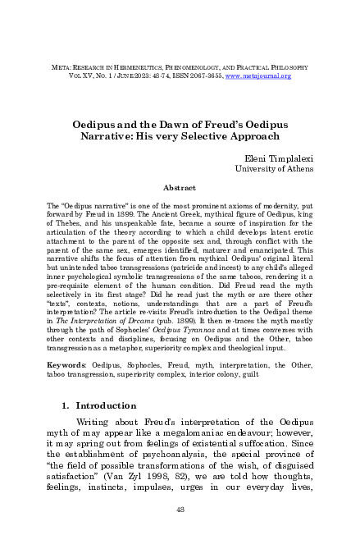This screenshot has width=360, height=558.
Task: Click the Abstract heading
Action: (179, 188)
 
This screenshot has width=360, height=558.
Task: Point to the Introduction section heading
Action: (112, 405)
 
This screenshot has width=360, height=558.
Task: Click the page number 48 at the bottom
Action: (180, 532)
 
